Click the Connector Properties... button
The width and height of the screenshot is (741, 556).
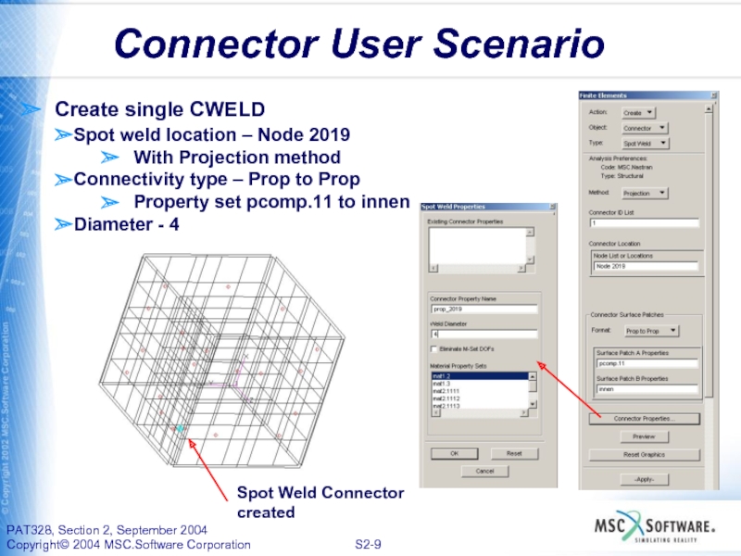pos(645,419)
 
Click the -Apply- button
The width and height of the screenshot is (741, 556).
pos(644,479)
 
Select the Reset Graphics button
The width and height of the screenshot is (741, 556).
pos(644,455)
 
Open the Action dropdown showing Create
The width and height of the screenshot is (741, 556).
pos(637,112)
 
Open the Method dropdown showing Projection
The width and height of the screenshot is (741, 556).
pos(645,194)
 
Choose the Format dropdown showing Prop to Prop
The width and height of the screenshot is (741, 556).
pos(651,330)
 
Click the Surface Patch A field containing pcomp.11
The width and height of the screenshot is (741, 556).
pos(645,364)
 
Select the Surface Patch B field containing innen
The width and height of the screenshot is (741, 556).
pos(645,390)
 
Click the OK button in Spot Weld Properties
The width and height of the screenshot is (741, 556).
pos(455,454)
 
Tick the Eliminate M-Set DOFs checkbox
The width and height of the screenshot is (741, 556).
pos(434,348)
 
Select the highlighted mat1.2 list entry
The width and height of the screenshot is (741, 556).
pos(476,376)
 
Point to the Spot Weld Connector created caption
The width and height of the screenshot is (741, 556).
pos(320,502)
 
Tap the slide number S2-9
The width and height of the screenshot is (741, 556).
pos(370,544)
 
